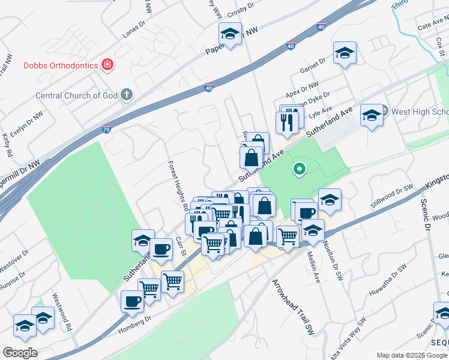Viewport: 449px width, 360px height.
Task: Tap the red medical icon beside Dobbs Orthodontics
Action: (107, 64)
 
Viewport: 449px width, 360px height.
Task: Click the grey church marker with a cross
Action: (126, 94)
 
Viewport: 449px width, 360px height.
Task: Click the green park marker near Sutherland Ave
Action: (298, 169)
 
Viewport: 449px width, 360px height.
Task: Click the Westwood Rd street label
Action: (62, 312)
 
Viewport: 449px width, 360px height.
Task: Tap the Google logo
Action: (20, 353)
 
